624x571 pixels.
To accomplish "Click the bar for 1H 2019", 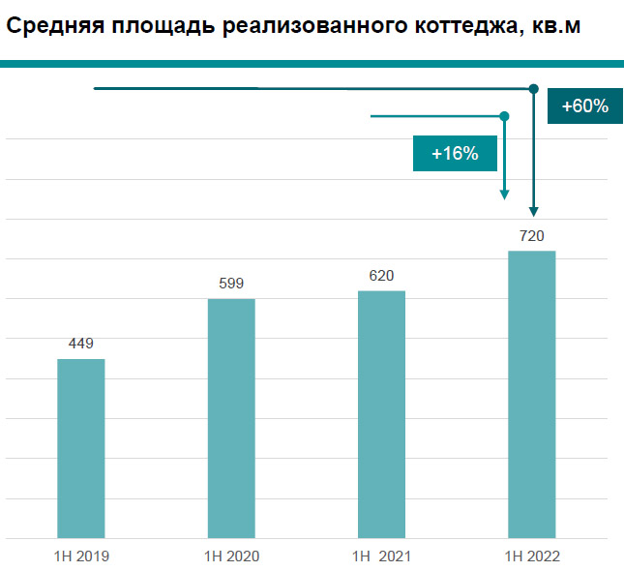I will point(81,448).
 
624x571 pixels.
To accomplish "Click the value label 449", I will point(81,344).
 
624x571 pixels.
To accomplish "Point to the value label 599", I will point(231,284).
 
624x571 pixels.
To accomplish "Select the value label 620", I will point(381,276).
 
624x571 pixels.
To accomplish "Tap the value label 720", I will point(531,236).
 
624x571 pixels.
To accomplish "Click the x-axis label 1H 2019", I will point(81,556).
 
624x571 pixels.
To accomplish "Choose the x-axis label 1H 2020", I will point(231,556).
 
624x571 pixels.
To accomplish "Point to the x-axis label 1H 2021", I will point(381,556).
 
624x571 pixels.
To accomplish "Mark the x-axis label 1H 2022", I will point(531,556).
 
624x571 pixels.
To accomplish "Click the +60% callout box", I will point(578,105).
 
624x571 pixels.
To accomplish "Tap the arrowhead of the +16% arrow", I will point(504,195).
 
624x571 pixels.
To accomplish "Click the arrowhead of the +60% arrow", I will point(533,212).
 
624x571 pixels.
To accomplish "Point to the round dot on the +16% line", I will point(504,116).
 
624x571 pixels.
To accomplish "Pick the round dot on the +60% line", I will point(533,89).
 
